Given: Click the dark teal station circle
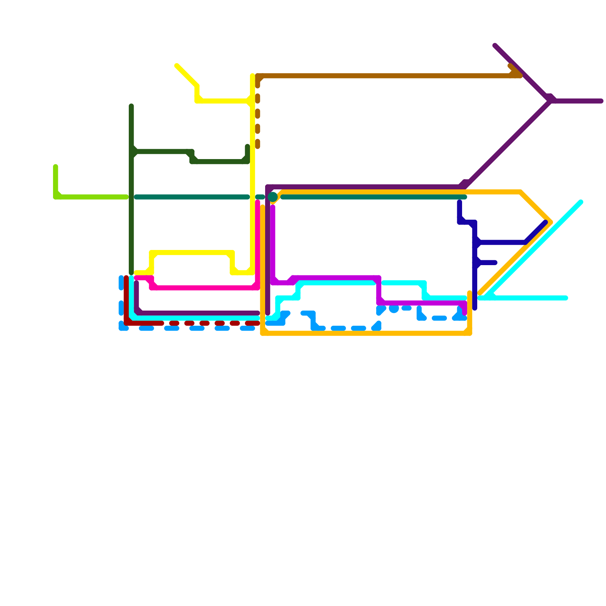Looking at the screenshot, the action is pos(273,197).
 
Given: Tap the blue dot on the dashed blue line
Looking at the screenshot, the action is pos(394,308).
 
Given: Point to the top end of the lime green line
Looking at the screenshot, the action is pos(56,167).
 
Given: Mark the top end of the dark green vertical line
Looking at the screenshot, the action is pos(131,106).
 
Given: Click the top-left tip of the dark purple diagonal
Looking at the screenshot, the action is pos(495,46).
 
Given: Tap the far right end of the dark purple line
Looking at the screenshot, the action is pos(601,101).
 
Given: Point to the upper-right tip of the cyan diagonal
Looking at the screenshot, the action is pos(581,202).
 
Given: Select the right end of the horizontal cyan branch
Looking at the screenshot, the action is pos(566,298).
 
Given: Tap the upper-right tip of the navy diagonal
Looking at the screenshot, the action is pos(545,223).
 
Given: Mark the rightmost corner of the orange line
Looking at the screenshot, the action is pos(550,222).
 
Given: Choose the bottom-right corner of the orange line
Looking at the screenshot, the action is pos(470,333).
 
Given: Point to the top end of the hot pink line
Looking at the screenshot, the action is pos(258,202).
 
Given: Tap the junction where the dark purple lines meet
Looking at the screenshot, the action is pos(550,101).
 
